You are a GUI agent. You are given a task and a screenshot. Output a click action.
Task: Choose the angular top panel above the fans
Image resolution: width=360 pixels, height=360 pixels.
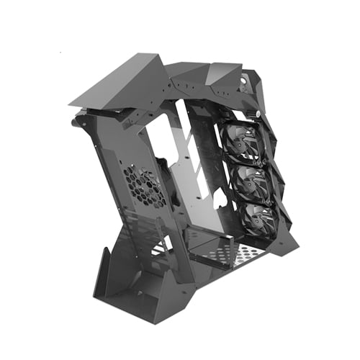(223, 79)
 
